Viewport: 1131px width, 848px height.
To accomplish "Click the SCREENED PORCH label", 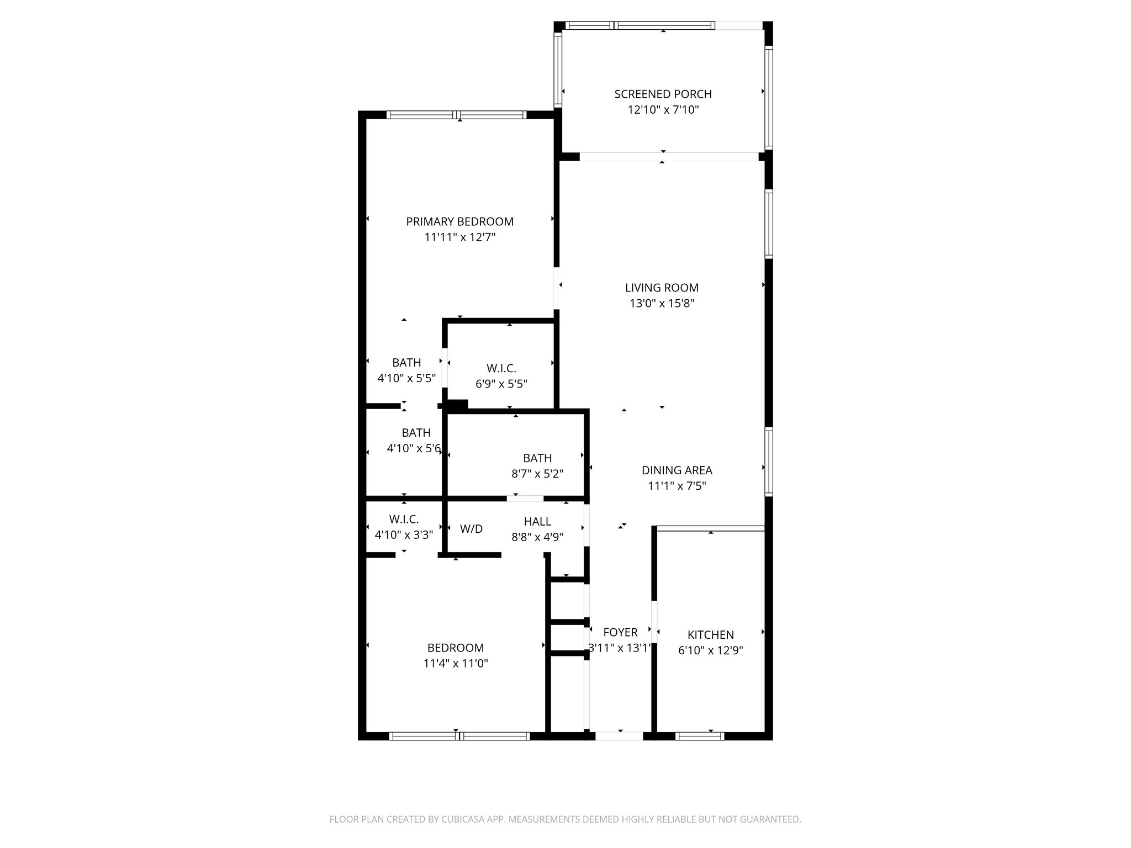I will [663, 94].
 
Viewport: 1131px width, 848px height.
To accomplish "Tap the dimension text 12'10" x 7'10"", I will [663, 110].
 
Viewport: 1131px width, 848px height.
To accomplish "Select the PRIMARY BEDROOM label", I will [459, 222].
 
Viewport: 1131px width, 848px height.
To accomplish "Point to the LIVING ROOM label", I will [662, 288].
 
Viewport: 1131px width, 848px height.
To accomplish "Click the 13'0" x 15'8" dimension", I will [662, 303].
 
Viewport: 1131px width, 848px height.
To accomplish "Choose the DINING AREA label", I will [677, 470].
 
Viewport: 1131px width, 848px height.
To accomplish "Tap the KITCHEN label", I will [710, 635].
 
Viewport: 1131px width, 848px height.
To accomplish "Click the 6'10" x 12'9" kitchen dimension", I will [710, 650].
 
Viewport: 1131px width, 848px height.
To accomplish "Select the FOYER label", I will [620, 632].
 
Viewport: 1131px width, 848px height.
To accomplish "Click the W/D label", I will [471, 529].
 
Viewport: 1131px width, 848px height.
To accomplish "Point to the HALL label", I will [537, 522].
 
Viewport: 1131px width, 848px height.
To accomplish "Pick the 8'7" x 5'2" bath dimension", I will [537, 474].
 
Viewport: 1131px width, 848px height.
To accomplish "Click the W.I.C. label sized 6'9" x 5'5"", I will [501, 368].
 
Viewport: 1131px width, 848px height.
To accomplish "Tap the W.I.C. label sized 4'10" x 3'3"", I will [404, 520].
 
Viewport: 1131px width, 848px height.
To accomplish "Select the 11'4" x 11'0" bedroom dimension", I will [455, 664].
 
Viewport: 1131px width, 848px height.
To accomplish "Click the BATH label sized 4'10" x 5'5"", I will [406, 363].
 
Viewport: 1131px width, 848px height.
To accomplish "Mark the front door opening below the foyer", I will [619, 735].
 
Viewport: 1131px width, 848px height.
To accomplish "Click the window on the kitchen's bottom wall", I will [699, 735].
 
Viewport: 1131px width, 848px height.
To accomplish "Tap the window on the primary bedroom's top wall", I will [457, 115].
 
